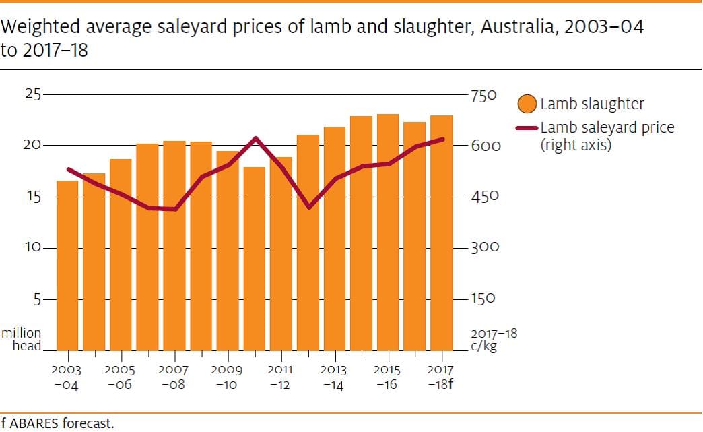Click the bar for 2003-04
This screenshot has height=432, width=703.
pos(67,266)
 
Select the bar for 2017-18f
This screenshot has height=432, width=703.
pos(441,233)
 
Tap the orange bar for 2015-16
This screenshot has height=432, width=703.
pos(388,233)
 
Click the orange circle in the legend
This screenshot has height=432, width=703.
pos(528,104)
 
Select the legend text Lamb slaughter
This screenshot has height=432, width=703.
pos(592,104)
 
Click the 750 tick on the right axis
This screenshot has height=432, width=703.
pos(483,96)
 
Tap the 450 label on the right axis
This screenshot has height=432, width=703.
pos(485,197)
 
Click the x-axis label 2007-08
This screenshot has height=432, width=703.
pos(174,377)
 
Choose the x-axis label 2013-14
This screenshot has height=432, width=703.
pos(333,377)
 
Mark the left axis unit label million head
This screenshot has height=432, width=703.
pos(22,340)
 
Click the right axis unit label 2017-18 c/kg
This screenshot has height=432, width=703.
pos(494,340)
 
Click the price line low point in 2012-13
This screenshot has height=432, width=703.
pos(309,207)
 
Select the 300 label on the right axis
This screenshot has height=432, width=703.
pos(485,248)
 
